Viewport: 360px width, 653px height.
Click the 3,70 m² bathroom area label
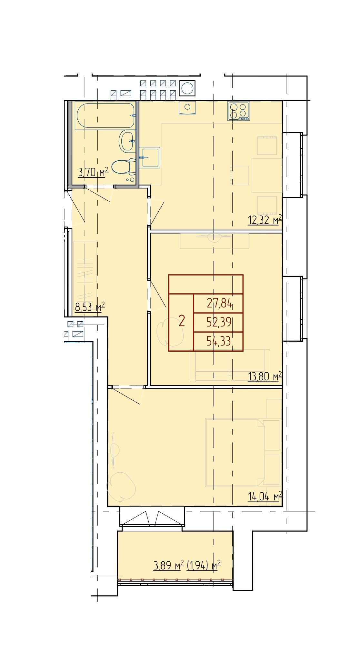tap(93, 172)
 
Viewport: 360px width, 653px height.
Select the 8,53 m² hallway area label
tap(90, 307)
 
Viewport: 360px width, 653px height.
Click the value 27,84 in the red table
tap(219, 303)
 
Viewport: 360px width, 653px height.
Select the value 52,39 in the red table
tap(219, 322)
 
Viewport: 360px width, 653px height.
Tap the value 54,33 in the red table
tap(219, 341)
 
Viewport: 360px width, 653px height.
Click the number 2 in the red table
tap(182, 321)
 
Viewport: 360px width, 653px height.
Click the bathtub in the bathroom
tap(105, 116)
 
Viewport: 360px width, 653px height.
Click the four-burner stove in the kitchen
tap(239, 111)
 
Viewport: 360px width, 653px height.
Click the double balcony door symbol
tap(152, 518)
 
